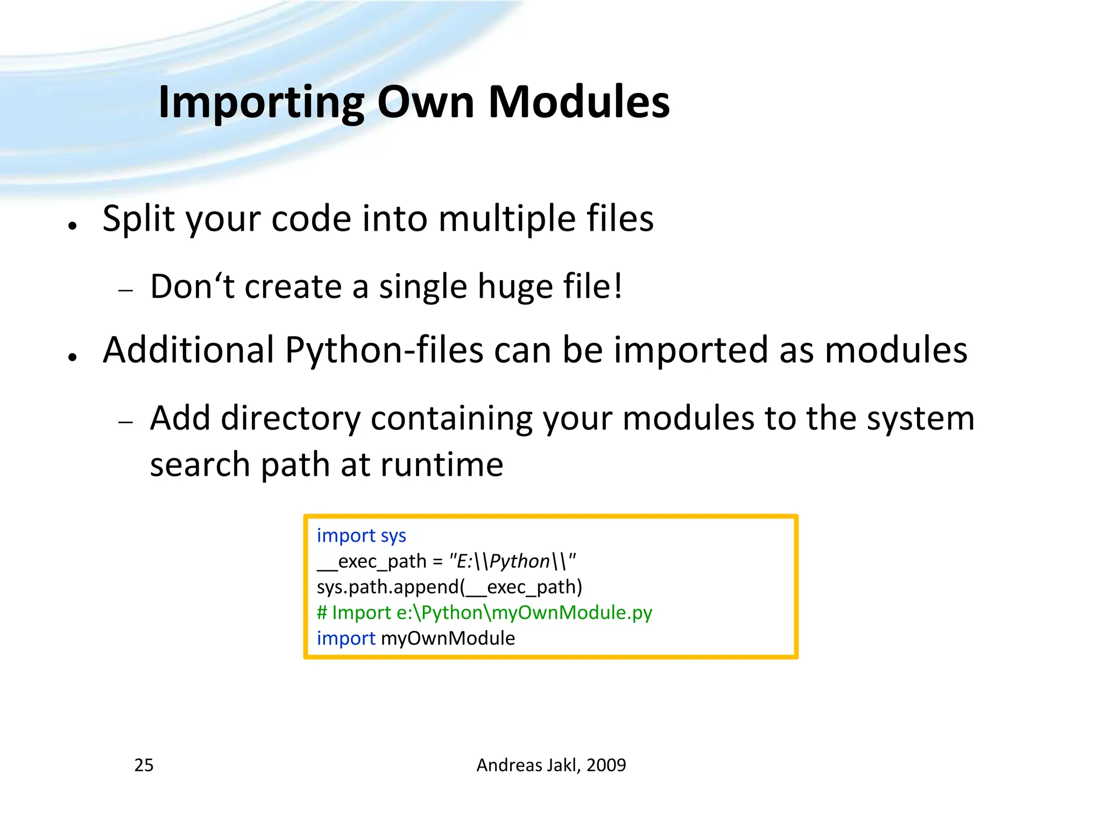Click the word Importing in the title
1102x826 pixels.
(262, 102)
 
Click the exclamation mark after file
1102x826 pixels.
(618, 286)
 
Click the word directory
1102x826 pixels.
(291, 418)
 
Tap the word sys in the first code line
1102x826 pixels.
(393, 536)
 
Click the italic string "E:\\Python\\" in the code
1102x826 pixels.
(512, 561)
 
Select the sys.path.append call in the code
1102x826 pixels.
(449, 587)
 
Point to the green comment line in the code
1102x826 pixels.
(484, 613)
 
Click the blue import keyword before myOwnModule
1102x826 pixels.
(345, 638)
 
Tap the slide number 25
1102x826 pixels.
(144, 765)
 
